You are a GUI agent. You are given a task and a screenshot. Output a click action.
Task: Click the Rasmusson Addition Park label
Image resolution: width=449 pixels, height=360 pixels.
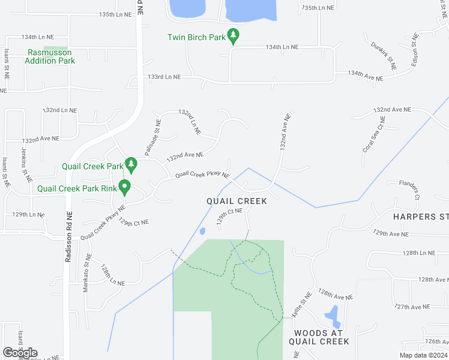coord(51,56)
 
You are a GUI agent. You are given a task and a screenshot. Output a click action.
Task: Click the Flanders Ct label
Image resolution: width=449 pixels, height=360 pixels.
coord(411,188)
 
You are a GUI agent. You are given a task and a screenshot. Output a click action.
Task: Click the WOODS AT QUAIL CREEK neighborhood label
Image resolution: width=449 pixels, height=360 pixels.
coord(318,337)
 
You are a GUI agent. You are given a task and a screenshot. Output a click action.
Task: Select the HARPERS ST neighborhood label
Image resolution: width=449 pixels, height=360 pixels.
coord(421,216)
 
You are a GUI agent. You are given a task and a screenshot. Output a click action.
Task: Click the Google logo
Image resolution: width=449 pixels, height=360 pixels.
coord(20,353)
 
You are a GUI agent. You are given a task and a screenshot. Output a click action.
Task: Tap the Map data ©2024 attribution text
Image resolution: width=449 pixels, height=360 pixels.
coord(423,355)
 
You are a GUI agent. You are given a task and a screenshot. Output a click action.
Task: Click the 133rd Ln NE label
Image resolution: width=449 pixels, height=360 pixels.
coord(164,77)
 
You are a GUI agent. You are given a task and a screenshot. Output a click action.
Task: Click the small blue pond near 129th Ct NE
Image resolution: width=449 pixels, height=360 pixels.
coord(202,231)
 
